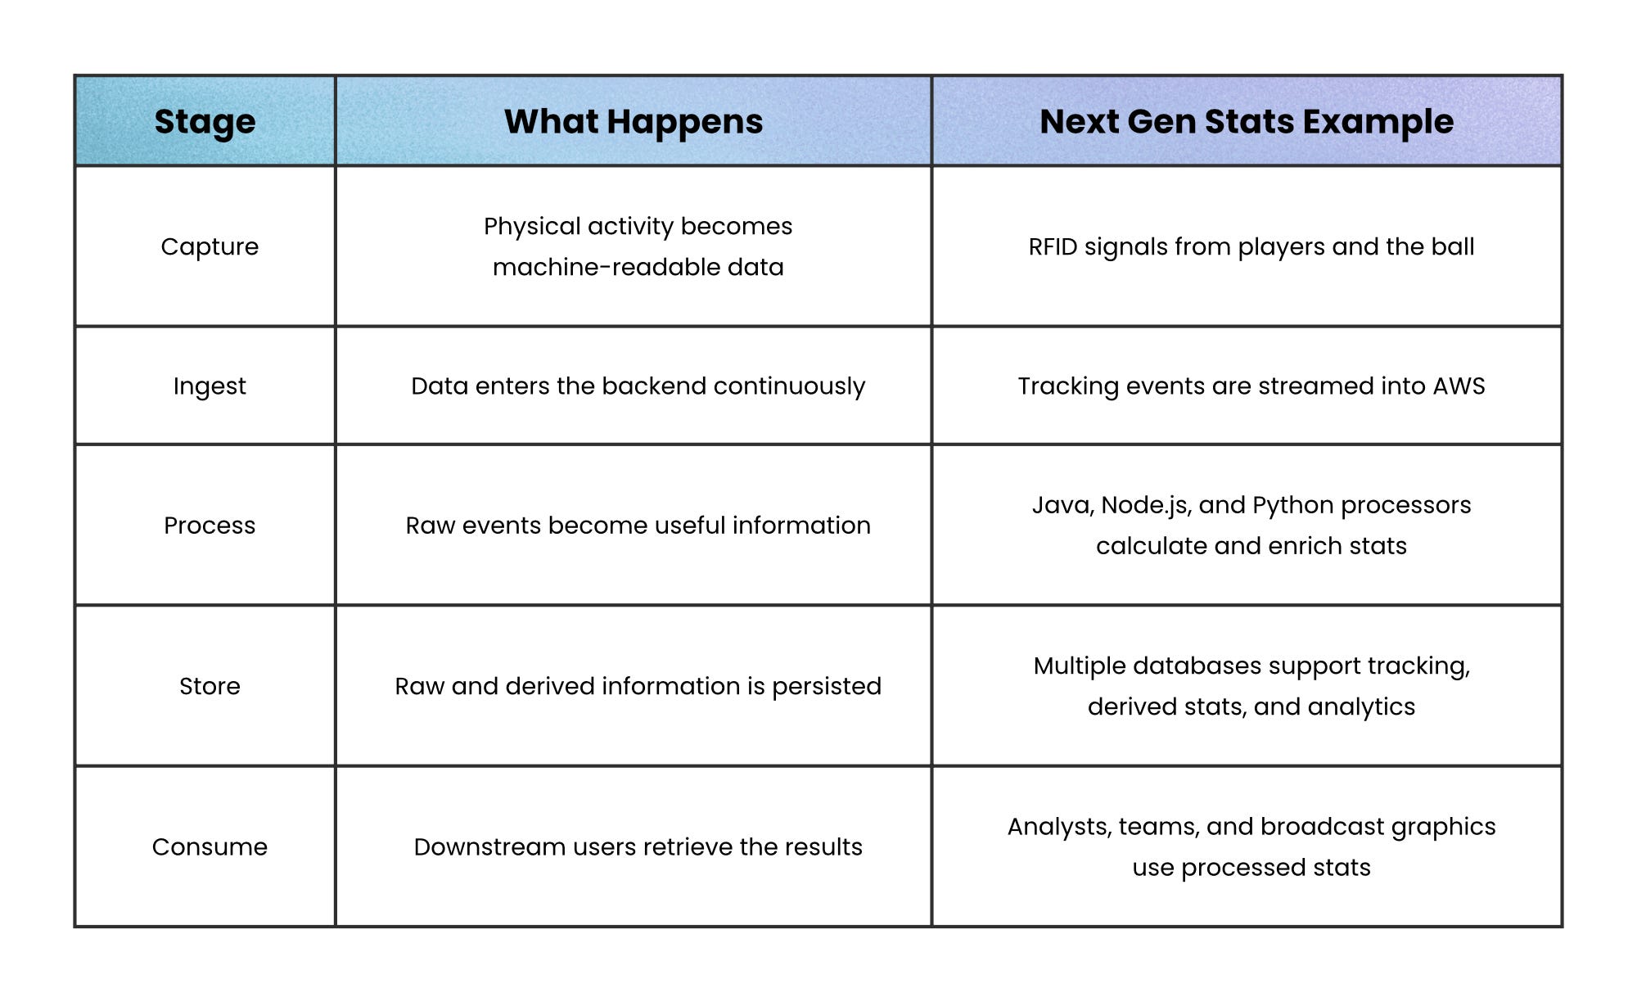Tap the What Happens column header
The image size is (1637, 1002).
634,122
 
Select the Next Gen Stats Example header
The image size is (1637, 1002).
1247,122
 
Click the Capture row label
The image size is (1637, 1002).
210,247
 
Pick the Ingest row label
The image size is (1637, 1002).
210,386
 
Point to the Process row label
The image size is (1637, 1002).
210,525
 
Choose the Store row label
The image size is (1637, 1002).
210,686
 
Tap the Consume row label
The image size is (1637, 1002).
210,846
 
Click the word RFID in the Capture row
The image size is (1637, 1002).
1053,246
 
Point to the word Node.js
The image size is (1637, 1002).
1145,505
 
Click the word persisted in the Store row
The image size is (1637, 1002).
827,686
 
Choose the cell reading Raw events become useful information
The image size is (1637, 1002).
638,525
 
